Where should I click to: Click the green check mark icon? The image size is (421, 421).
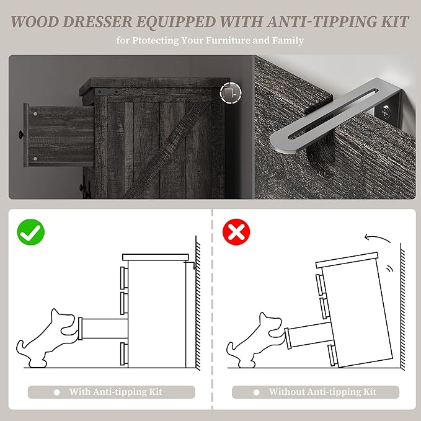(30, 232)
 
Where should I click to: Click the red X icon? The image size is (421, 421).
(236, 232)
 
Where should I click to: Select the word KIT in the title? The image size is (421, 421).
(395, 22)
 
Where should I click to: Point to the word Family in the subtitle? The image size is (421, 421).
(288, 40)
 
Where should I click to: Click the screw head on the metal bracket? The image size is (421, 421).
(385, 110)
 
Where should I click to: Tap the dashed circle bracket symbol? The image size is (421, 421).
(231, 93)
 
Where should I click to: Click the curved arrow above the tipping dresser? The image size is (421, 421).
(377, 238)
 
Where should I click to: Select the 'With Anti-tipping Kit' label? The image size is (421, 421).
(116, 392)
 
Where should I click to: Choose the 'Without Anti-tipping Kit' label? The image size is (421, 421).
(322, 392)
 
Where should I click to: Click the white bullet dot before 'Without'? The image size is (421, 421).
(257, 392)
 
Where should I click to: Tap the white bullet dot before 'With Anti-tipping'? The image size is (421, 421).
(56, 392)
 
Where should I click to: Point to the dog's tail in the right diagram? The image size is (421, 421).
(231, 349)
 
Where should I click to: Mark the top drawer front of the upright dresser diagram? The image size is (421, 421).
(124, 277)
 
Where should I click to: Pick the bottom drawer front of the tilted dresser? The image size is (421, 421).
(332, 355)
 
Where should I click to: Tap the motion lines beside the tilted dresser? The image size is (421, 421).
(389, 268)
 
